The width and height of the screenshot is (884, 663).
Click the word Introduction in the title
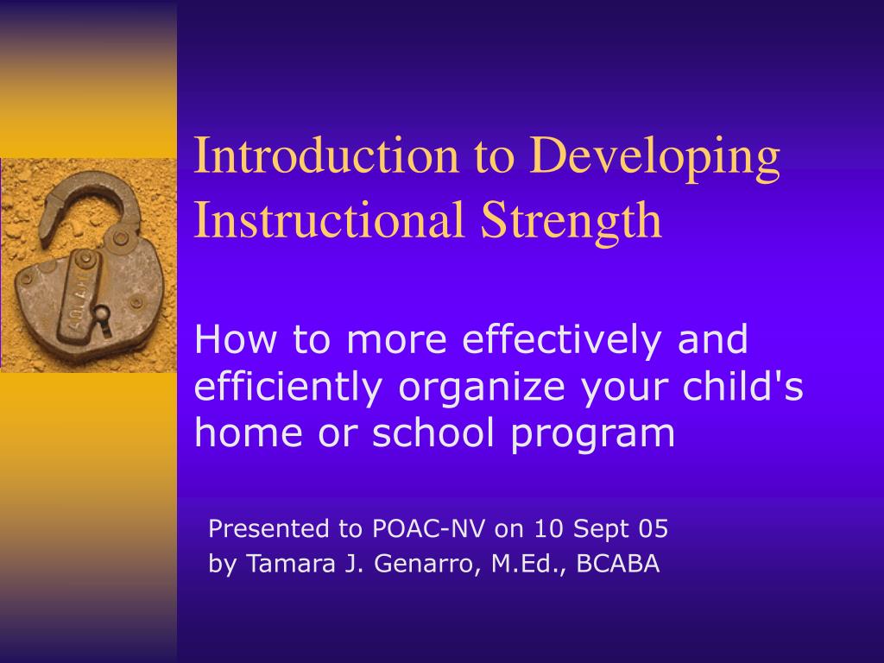326,155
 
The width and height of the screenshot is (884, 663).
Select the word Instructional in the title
329,219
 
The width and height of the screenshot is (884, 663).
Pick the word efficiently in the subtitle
288,388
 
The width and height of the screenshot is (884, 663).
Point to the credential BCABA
618,563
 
